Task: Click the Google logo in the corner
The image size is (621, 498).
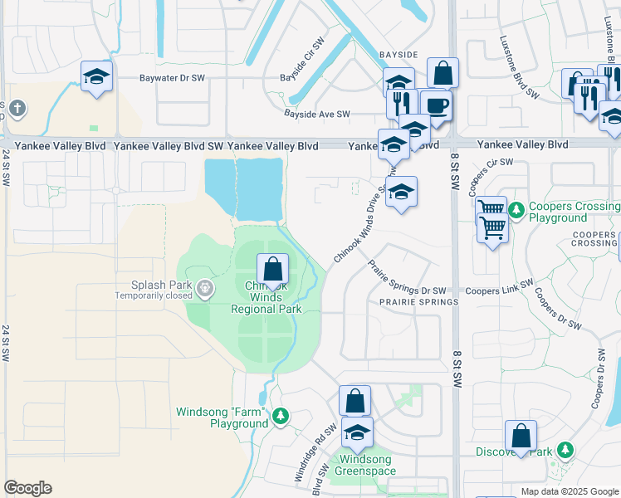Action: [x=27, y=488]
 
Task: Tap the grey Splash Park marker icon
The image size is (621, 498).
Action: [x=204, y=290]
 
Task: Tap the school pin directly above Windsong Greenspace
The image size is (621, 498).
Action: [x=358, y=433]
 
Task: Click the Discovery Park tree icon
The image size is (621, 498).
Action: [x=565, y=450]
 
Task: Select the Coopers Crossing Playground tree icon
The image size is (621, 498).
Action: [x=516, y=209]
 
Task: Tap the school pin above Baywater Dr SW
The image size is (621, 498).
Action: [x=97, y=77]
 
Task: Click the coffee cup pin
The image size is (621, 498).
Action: [x=436, y=106]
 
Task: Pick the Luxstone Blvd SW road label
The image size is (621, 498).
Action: [x=520, y=68]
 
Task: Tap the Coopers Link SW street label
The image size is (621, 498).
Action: [x=496, y=291]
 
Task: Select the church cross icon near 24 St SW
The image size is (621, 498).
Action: [x=17, y=108]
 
